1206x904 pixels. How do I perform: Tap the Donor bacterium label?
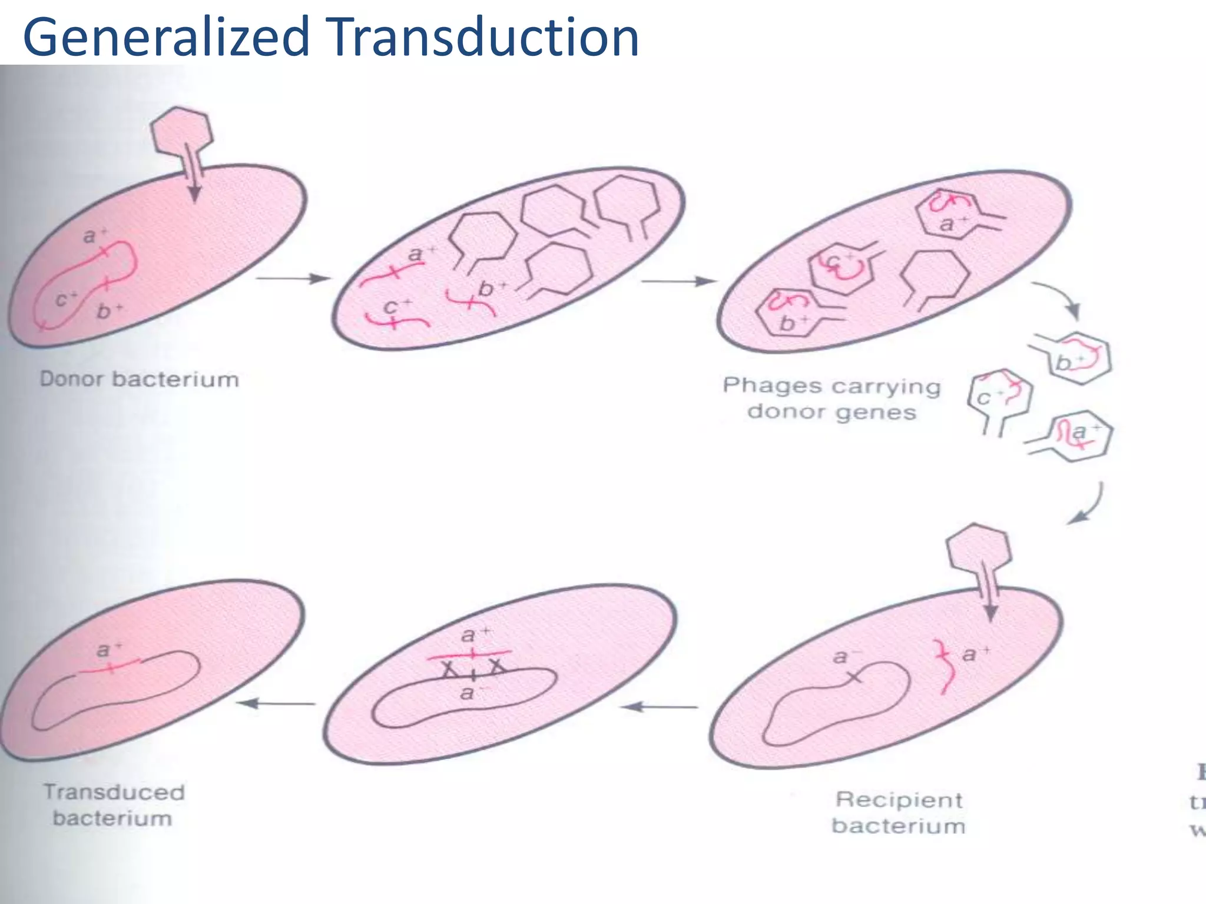click(139, 380)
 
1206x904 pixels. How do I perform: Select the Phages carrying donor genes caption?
click(831, 398)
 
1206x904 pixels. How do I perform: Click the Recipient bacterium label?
click(899, 813)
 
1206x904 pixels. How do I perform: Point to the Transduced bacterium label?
click(114, 805)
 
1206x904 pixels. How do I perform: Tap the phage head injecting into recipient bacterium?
click(978, 548)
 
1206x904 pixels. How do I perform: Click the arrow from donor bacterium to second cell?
click(293, 278)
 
